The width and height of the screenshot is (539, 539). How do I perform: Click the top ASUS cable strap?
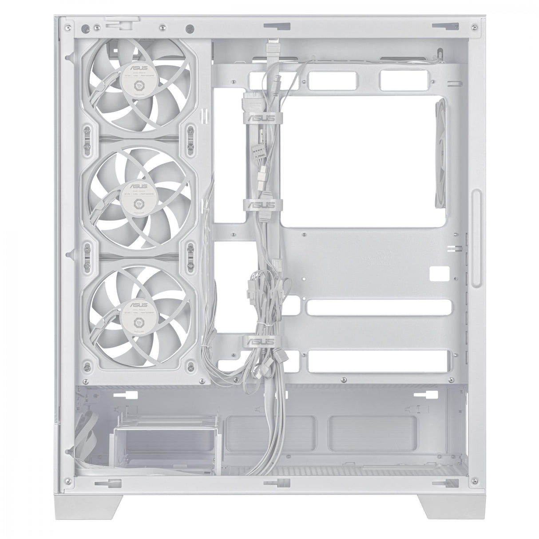point(263,118)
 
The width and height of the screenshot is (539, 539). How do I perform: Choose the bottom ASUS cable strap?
point(263,342)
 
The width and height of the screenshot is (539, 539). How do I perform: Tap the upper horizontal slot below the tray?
point(380,308)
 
